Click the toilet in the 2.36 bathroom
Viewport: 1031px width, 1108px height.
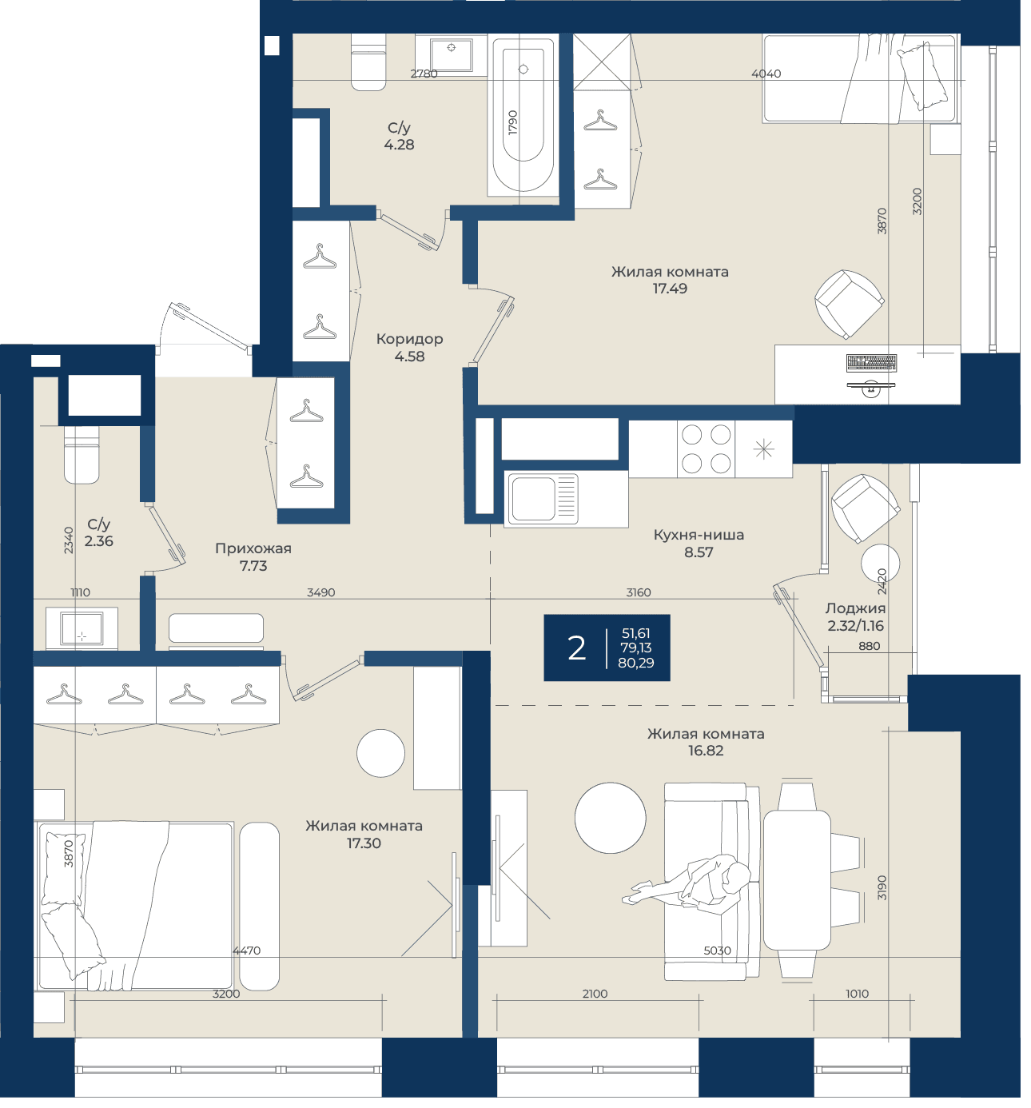tap(82, 456)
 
